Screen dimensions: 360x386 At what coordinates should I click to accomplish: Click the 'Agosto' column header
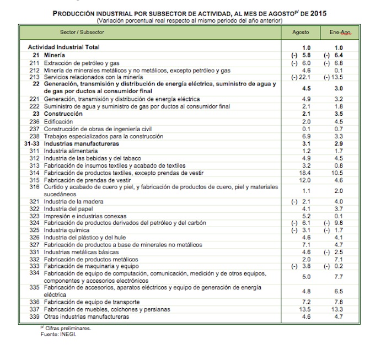point(301,33)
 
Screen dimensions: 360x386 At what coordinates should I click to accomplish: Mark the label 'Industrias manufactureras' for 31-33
point(81,143)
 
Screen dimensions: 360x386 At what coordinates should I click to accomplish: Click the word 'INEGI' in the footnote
point(68,334)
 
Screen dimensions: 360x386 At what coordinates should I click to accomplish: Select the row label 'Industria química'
point(65,230)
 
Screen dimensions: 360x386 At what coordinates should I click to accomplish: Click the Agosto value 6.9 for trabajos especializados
point(307,136)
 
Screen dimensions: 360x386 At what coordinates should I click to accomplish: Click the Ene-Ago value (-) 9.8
point(338,223)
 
